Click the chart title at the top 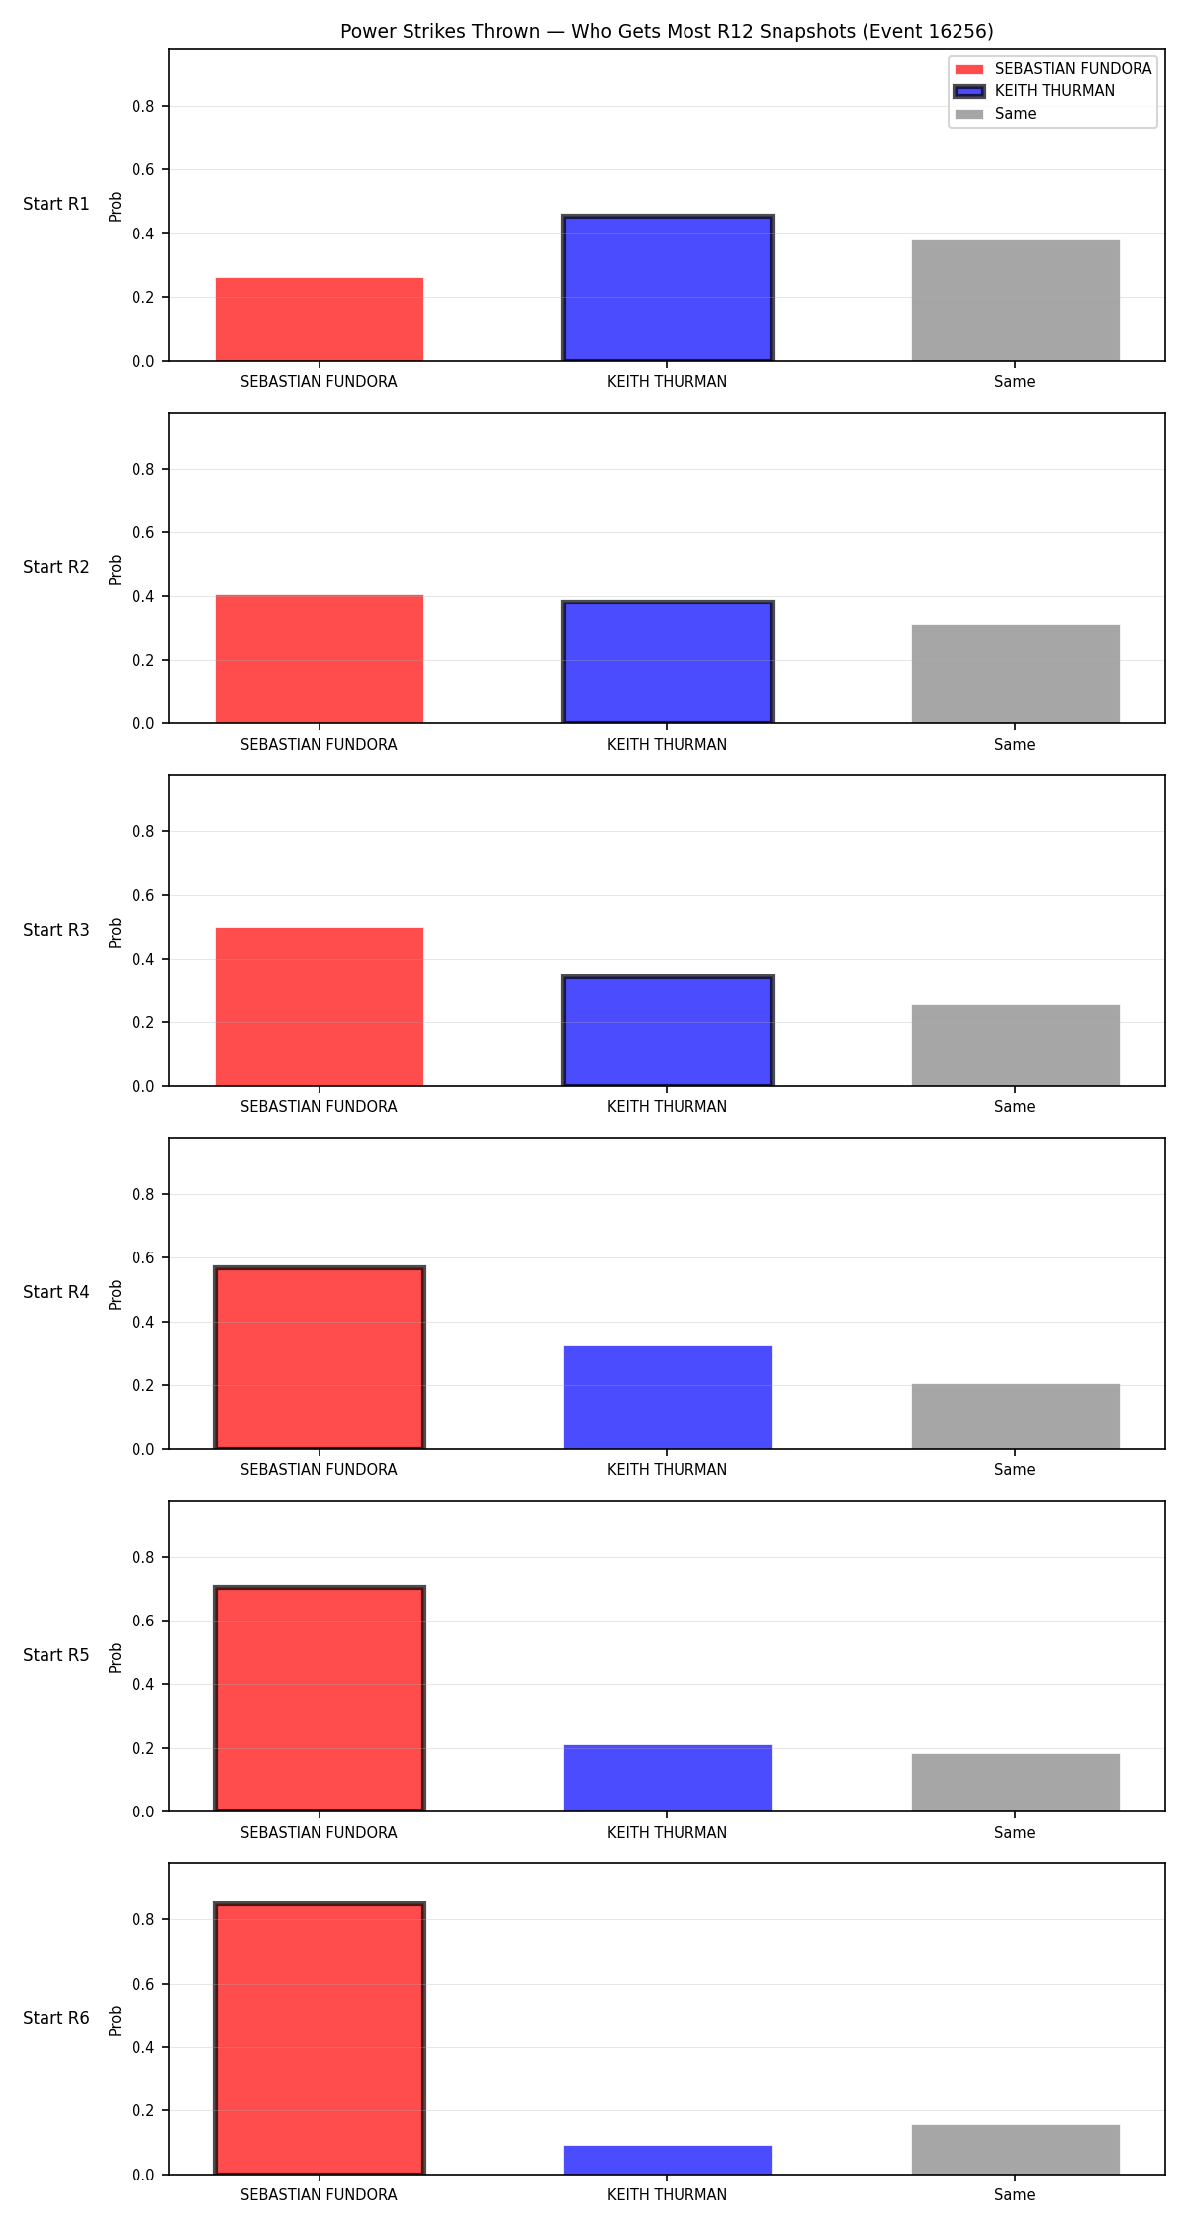667,31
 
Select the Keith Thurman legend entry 1035,91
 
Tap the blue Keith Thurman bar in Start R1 668,288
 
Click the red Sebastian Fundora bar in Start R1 320,320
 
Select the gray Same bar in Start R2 1016,674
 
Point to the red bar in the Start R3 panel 320,1007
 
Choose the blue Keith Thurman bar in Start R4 668,1398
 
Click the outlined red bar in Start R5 320,1700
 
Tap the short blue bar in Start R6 668,2160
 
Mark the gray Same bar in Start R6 1016,2150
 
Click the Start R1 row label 56,204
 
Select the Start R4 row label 56,1292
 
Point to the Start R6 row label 56,2018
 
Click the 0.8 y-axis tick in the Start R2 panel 143,469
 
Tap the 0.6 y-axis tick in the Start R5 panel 143,1621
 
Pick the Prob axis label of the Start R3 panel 116,932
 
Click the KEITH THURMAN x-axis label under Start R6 667,2195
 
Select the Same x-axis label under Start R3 1015,1107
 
